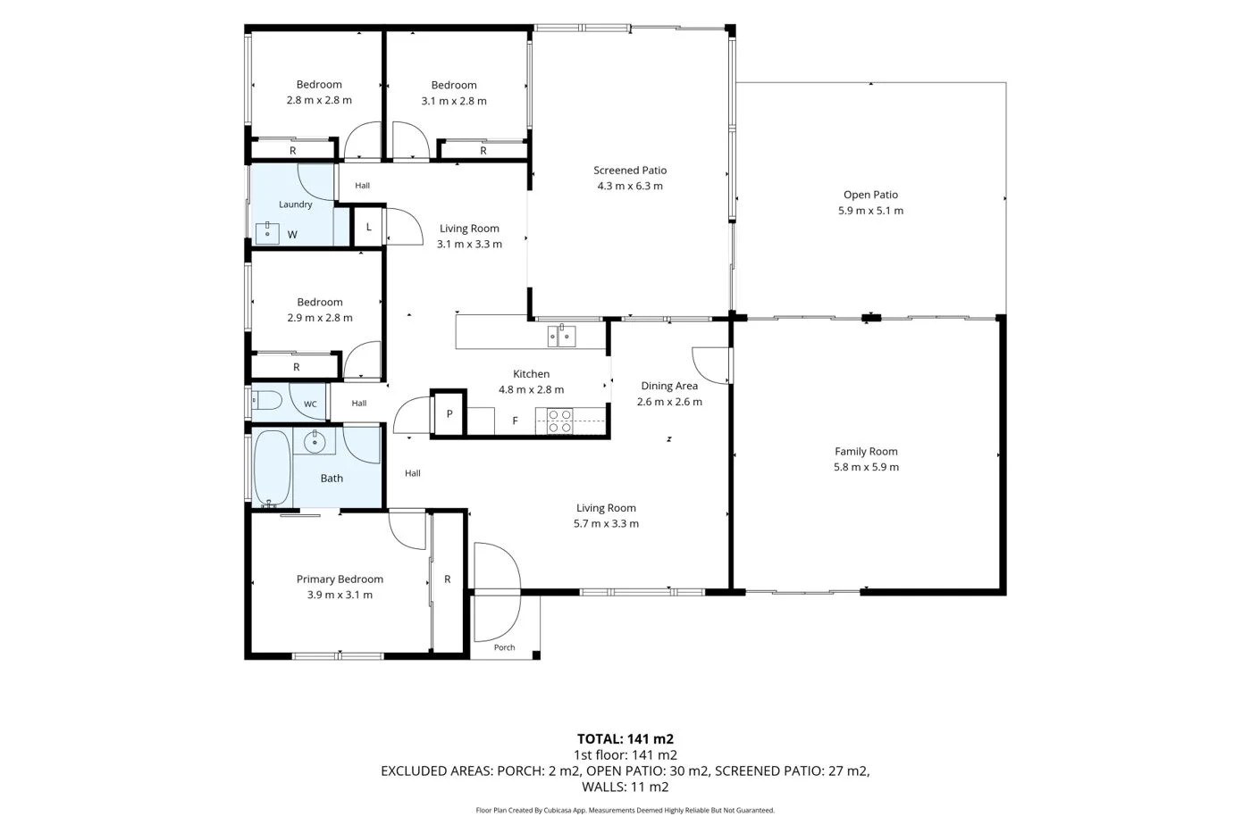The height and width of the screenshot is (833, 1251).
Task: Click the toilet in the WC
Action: click(266, 400)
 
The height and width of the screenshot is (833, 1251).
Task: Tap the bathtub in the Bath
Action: click(272, 468)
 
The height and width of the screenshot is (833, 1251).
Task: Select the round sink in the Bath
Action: click(315, 441)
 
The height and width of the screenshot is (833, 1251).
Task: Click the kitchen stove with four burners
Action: click(559, 421)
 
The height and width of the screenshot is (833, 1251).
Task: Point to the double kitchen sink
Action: click(561, 337)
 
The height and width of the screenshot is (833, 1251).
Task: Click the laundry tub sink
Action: click(267, 233)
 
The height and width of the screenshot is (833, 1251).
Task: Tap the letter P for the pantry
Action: click(449, 414)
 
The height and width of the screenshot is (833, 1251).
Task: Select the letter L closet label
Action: click(368, 227)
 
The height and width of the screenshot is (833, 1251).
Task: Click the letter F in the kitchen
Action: click(515, 421)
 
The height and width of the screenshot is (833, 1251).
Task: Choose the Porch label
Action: click(504, 647)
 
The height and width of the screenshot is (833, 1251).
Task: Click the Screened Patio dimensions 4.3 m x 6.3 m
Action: click(630, 186)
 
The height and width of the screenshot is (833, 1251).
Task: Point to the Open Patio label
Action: click(870, 195)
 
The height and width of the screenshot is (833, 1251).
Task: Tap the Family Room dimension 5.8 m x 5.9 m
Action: click(866, 467)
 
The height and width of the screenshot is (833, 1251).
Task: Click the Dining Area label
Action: click(669, 386)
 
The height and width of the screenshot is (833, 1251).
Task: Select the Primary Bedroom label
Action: click(340, 579)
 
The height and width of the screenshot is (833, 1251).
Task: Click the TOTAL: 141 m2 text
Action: click(625, 738)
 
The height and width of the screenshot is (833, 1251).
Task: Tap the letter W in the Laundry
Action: click(292, 234)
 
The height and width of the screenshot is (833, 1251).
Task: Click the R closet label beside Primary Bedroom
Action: click(448, 579)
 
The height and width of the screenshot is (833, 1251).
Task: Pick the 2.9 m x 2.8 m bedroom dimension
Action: click(320, 318)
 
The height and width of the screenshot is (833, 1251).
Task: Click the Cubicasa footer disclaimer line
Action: click(625, 810)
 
